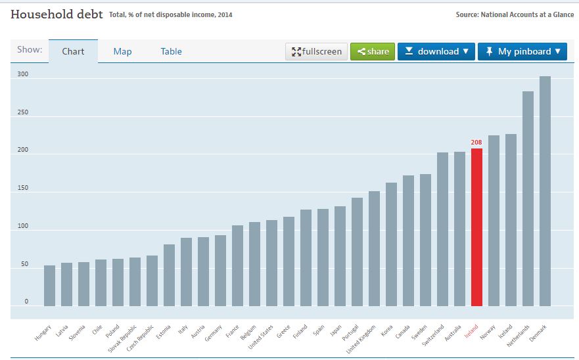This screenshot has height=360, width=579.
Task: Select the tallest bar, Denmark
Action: click(545, 191)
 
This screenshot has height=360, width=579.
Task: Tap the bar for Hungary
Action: click(49, 286)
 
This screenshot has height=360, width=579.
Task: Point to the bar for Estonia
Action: click(169, 275)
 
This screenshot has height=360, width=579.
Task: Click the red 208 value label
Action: click(476, 142)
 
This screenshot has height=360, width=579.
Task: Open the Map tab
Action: click(122, 51)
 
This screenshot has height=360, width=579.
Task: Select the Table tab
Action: click(171, 51)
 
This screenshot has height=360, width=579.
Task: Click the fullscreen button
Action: click(317, 51)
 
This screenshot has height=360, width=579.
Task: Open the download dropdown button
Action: click(436, 51)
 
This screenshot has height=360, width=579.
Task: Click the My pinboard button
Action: click(522, 51)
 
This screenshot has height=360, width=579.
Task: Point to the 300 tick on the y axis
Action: click(24, 75)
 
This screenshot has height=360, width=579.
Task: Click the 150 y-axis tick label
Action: click(24, 189)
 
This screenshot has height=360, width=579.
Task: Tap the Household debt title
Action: click(57, 14)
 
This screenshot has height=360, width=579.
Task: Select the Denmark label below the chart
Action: click(538, 332)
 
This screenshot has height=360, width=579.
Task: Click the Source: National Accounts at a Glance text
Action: click(515, 14)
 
